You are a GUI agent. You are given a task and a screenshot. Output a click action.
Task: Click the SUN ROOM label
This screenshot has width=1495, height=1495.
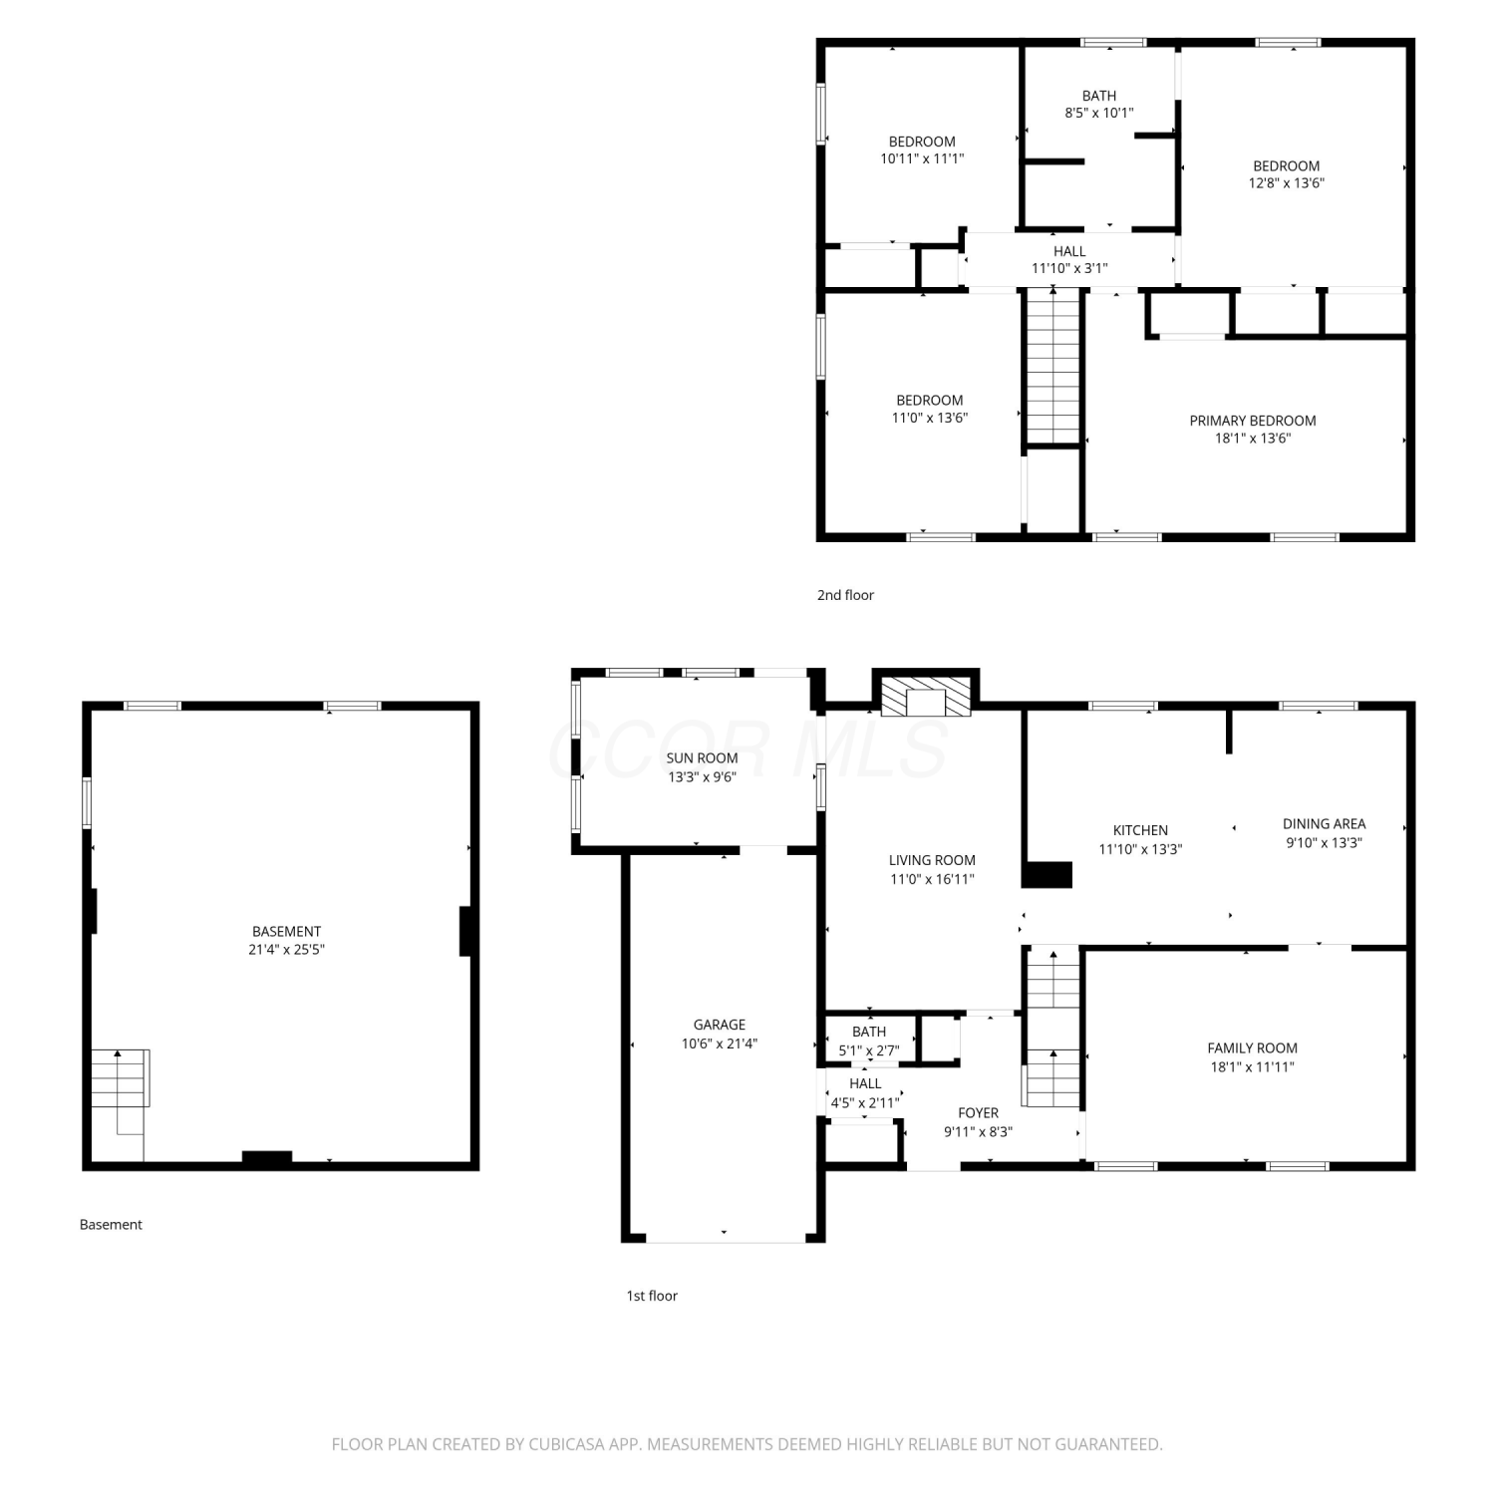point(702,757)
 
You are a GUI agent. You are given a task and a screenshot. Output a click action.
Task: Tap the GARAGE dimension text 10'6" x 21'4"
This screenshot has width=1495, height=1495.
point(719,1044)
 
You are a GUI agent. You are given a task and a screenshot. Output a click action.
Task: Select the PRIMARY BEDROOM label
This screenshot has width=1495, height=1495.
point(1252,421)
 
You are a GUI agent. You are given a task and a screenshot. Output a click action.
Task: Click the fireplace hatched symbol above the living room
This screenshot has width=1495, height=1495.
point(926,696)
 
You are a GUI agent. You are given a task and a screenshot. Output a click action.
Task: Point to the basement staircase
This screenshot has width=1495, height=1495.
point(121,1078)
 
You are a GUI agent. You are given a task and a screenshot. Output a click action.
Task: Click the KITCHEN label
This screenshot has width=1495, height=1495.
point(1140,830)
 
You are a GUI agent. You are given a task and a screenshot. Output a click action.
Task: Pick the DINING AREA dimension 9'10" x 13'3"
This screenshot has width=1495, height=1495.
point(1324,842)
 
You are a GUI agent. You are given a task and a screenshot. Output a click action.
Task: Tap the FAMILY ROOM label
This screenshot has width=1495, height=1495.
point(1252,1047)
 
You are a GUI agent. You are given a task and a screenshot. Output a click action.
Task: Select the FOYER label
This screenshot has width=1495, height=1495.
point(978,1112)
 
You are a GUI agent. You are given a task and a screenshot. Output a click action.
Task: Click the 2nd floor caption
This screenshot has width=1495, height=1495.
point(845,595)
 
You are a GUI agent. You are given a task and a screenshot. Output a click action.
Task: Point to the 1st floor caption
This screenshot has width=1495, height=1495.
point(652,1296)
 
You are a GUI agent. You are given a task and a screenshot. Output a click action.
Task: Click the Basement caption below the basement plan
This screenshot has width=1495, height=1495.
point(111,1224)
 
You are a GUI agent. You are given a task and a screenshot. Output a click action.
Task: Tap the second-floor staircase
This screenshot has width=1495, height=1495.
point(1053,366)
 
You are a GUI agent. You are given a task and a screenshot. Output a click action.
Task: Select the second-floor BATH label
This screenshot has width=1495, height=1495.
point(1099,96)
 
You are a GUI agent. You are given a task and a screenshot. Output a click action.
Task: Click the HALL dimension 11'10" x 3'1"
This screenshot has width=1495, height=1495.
point(1069,268)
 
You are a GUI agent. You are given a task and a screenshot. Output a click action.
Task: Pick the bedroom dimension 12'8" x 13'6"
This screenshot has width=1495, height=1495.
point(1287,183)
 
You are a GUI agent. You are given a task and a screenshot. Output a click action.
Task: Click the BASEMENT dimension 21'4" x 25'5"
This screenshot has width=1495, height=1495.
point(286,949)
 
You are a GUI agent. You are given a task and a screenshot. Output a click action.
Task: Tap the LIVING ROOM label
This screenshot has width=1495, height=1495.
point(932,860)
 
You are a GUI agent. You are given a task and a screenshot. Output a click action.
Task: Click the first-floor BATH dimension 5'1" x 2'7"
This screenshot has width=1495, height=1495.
point(869,1050)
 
